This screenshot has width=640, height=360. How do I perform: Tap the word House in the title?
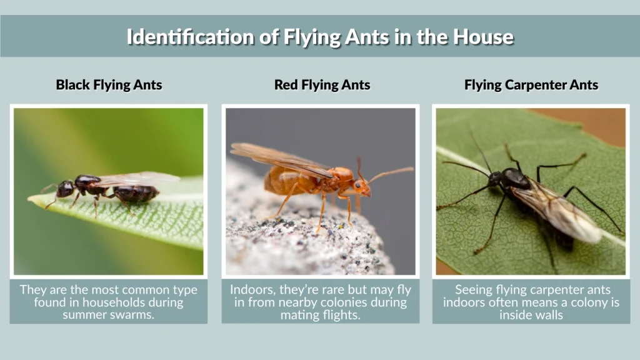[x=482, y=36]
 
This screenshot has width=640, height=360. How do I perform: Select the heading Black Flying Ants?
[x=109, y=85]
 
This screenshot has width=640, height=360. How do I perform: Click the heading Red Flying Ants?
[x=322, y=85]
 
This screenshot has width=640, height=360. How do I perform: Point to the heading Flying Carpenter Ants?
[x=531, y=85]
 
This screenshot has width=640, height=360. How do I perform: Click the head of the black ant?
[x=65, y=188]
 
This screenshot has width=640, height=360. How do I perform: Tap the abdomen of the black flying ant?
[x=136, y=193]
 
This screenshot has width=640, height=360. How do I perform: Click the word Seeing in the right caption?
[x=473, y=290]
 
